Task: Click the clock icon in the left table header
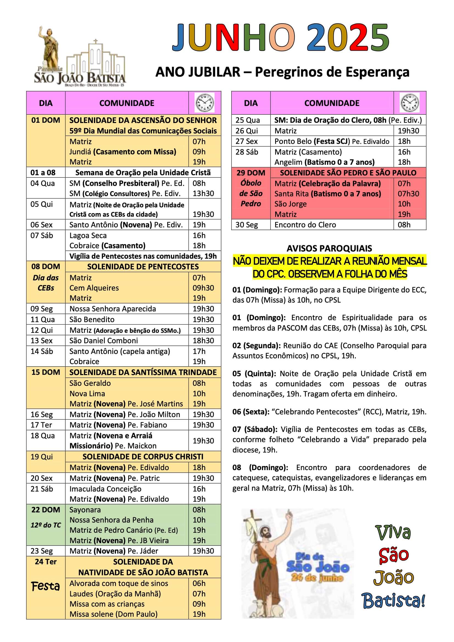[x=205, y=103]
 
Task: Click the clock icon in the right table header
[x=410, y=103]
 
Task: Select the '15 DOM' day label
[x=46, y=372]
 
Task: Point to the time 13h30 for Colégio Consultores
[x=203, y=194]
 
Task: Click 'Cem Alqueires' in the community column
[x=94, y=288]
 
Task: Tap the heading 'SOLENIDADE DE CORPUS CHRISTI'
[x=143, y=457]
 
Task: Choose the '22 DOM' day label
[x=46, y=509]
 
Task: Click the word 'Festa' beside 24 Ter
[x=46, y=586]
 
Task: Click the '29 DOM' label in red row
[x=251, y=172]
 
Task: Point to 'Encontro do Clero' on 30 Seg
[x=305, y=225]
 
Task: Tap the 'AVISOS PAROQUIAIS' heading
[x=329, y=248]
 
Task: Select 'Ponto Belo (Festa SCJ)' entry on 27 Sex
[x=312, y=141]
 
